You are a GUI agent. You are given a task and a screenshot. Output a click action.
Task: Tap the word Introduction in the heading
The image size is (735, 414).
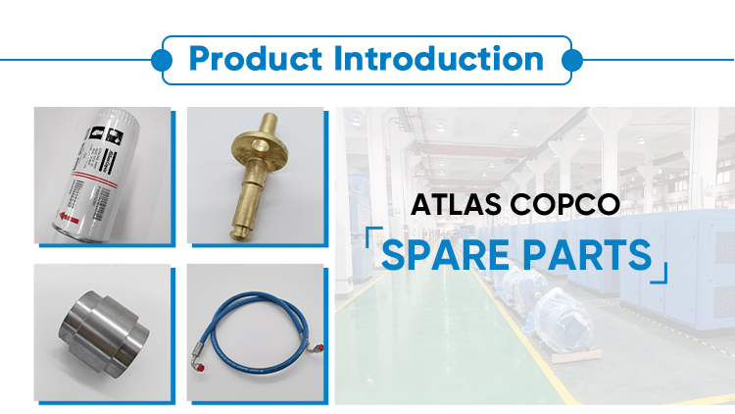coord(439,58)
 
